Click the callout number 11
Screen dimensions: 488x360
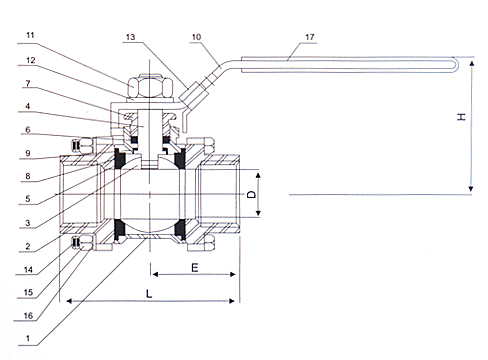pyautogui.click(x=30, y=35)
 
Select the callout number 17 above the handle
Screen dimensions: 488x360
pyautogui.click(x=310, y=37)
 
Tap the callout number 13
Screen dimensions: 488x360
pyautogui.click(x=130, y=37)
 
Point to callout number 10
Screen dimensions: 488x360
pyautogui.click(x=196, y=37)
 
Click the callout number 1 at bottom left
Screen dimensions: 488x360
pyautogui.click(x=28, y=338)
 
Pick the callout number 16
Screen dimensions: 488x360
pyautogui.click(x=29, y=315)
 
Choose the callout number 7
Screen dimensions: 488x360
pyautogui.click(x=28, y=83)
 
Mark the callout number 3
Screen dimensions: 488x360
pyautogui.click(x=28, y=223)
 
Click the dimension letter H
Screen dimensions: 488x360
pyautogui.click(x=461, y=117)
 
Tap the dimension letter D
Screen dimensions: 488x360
pyautogui.click(x=252, y=194)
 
